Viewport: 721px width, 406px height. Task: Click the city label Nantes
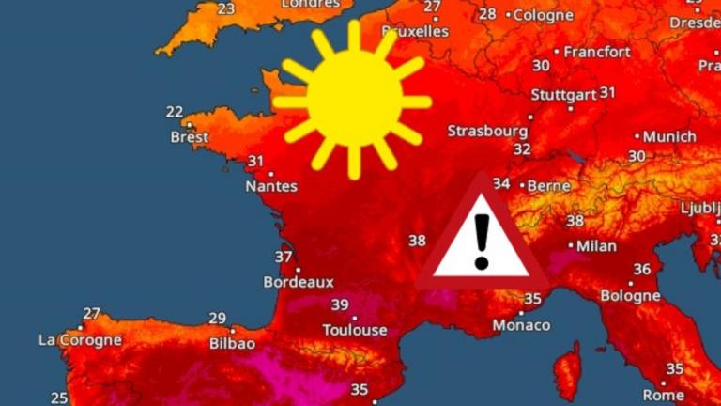(270, 186)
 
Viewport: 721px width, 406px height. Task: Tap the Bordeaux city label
(299, 281)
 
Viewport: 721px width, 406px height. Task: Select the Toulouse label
(354, 330)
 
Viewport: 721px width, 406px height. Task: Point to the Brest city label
(190, 137)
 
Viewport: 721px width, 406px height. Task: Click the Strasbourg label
(486, 130)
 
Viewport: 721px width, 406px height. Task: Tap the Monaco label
(521, 324)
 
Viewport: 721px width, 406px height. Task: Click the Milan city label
(596, 246)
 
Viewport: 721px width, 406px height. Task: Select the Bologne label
(630, 295)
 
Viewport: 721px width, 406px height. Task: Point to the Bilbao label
(230, 344)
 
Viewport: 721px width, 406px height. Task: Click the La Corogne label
(80, 339)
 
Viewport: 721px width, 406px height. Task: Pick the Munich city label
(669, 136)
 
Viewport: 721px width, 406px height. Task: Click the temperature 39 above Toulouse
(340, 304)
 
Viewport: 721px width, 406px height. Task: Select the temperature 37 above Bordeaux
(284, 257)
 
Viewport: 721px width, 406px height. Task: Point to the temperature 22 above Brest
(175, 112)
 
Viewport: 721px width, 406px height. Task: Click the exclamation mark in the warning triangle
(482, 241)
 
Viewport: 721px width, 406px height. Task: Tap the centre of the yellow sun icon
(353, 101)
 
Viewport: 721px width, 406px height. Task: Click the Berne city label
(549, 186)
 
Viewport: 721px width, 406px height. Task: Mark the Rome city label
(664, 395)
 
